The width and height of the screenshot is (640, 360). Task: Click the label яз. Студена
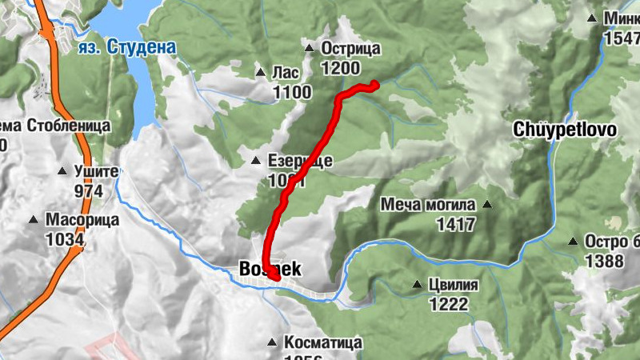[x=127, y=48]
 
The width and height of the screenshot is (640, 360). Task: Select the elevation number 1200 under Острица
[x=340, y=69]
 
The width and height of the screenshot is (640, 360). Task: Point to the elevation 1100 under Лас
[x=292, y=93]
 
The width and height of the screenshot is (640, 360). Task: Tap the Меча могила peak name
[x=428, y=205]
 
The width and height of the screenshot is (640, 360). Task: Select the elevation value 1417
[x=456, y=225]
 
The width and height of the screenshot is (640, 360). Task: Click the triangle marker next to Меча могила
[x=487, y=205]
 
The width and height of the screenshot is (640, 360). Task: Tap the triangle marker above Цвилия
[x=416, y=285]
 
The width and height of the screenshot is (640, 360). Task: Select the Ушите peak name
[x=96, y=172]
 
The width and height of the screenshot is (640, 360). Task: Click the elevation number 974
[x=89, y=191]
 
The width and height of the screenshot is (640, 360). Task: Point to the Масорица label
[x=82, y=219]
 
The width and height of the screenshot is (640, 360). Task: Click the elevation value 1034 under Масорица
[x=66, y=238]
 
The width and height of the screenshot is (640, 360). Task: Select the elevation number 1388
[x=606, y=261]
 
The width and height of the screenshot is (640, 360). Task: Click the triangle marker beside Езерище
[x=256, y=161]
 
